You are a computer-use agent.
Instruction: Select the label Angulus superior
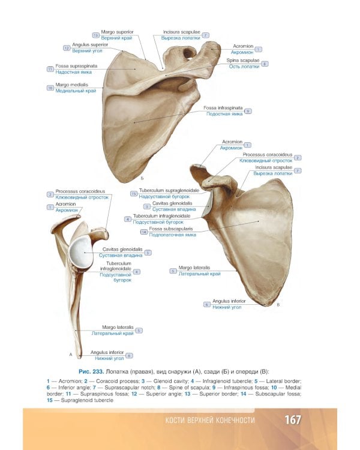(x=89, y=44)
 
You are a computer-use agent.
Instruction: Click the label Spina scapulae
(x=243, y=61)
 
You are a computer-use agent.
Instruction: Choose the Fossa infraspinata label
(x=223, y=108)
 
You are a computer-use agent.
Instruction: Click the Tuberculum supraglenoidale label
(x=169, y=190)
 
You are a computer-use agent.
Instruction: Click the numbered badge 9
(x=248, y=111)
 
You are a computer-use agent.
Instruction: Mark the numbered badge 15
(x=133, y=193)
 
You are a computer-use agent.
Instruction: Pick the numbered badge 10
(x=50, y=88)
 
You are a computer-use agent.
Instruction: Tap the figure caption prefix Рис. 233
(x=90, y=371)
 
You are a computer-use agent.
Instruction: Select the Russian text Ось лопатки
(x=244, y=67)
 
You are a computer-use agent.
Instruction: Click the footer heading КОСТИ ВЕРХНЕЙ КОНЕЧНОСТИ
(x=210, y=420)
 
